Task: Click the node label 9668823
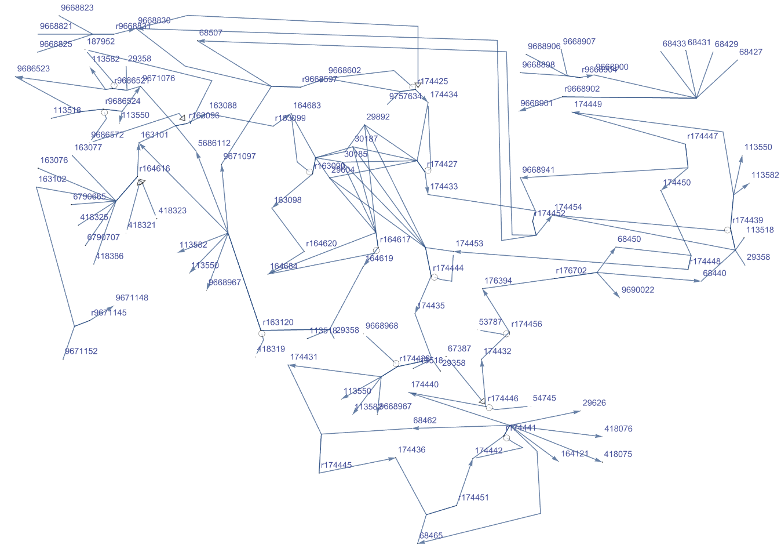pyautogui.click(x=77, y=8)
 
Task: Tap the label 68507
pyautogui.click(x=211, y=33)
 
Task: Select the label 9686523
pyautogui.click(x=34, y=69)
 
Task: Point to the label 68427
pyautogui.click(x=751, y=52)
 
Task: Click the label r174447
pyautogui.click(x=703, y=136)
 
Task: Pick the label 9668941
pyautogui.click(x=538, y=170)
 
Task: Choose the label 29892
pyautogui.click(x=378, y=117)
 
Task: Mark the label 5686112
pyautogui.click(x=214, y=143)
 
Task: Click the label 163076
pyautogui.click(x=54, y=161)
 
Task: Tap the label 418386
pyautogui.click(x=110, y=256)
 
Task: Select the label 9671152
pyautogui.click(x=82, y=351)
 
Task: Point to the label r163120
pyautogui.click(x=278, y=322)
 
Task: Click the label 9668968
pyautogui.click(x=382, y=326)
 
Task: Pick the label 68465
pyautogui.click(x=431, y=536)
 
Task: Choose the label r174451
pyautogui.click(x=474, y=498)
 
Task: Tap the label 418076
pyautogui.click(x=618, y=429)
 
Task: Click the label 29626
pyautogui.click(x=594, y=403)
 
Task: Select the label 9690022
pyautogui.click(x=638, y=290)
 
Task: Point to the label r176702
pyautogui.click(x=571, y=271)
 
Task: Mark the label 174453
pyautogui.click(x=469, y=244)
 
